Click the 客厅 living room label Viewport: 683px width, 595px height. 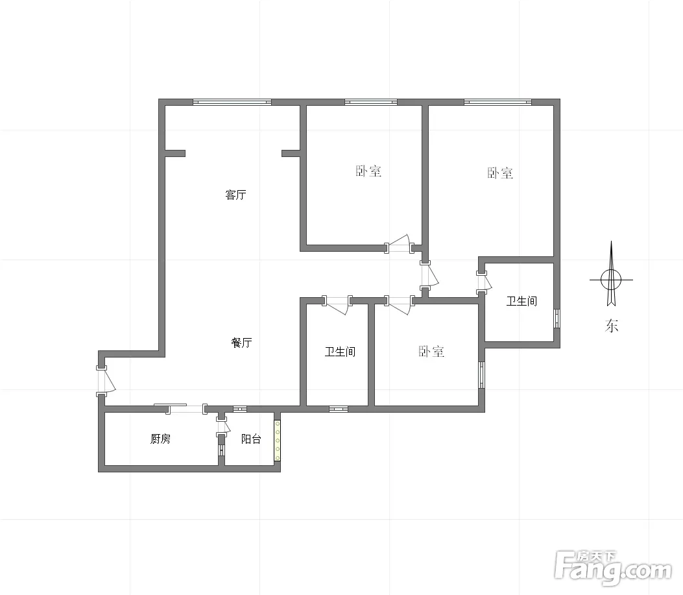point(235,195)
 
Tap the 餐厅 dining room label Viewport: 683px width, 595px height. point(241,343)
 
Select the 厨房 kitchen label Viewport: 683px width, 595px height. point(160,439)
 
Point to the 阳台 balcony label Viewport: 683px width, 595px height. point(251,439)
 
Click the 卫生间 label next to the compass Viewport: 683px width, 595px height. point(521,301)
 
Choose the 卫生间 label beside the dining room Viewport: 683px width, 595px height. point(340,352)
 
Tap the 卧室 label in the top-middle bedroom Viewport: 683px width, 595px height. point(368,171)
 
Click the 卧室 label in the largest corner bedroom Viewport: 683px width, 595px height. point(500,173)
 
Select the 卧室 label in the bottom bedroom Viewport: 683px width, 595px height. point(431,352)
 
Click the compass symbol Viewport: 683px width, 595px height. point(611,280)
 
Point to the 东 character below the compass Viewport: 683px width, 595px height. point(612,326)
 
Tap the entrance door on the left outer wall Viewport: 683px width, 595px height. point(104,381)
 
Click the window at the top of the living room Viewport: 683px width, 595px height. point(232,103)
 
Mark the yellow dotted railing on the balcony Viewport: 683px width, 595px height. point(277,441)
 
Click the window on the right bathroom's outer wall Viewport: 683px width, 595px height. point(557,318)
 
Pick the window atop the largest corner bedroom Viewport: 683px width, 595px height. point(497,103)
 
